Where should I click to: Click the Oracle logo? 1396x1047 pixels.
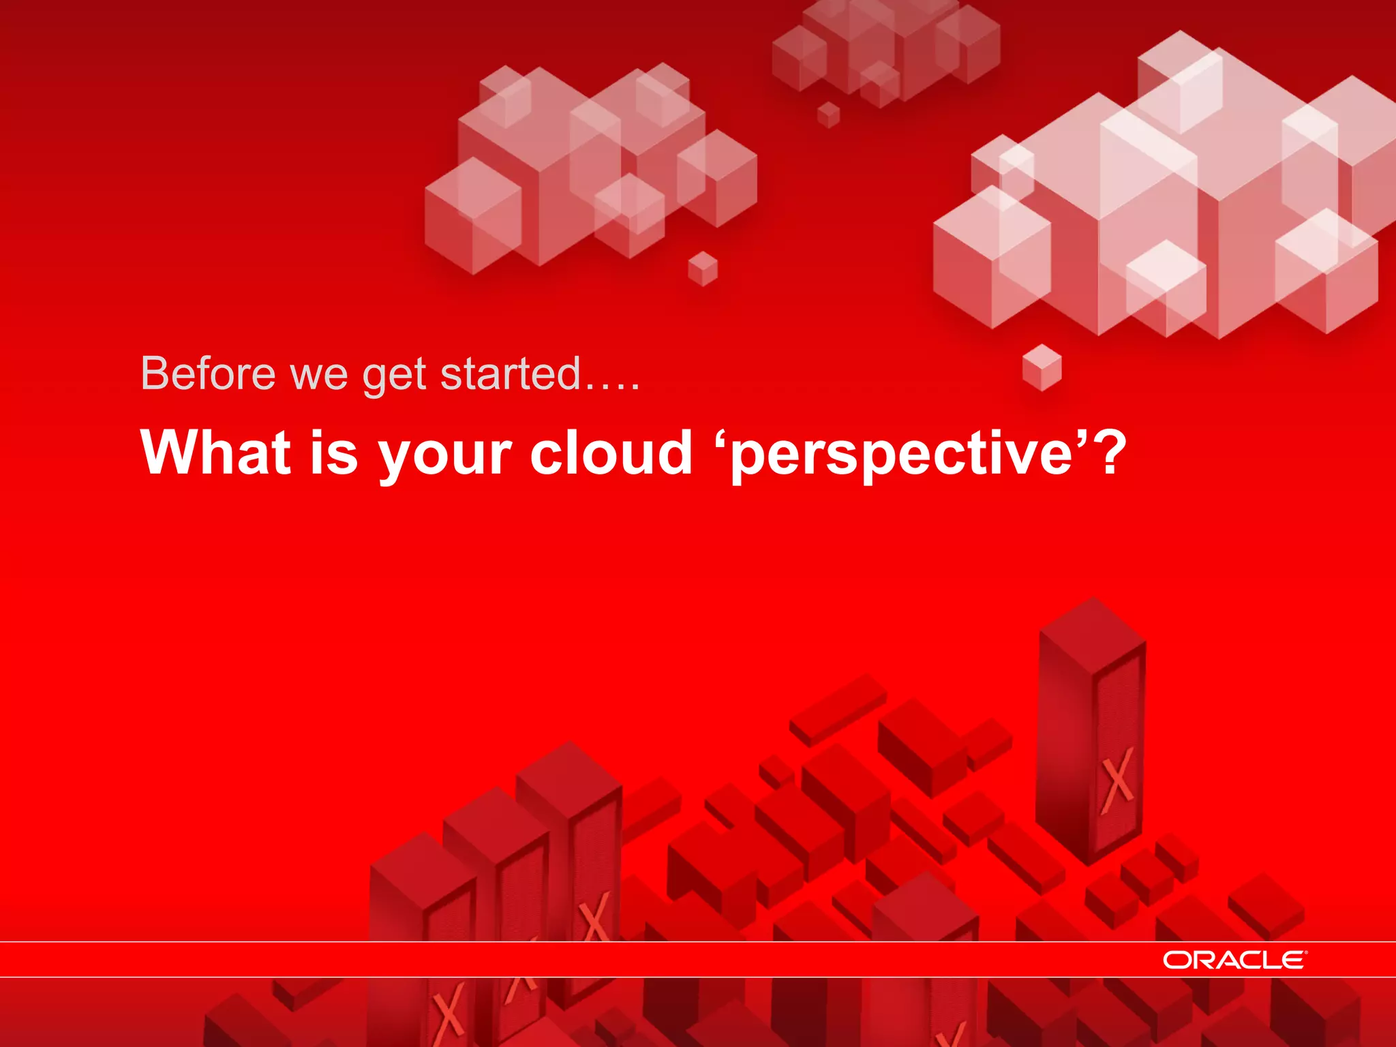click(x=1234, y=960)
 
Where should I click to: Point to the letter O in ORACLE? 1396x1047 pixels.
click(x=1176, y=960)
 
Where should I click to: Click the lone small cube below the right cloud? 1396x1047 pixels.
click(x=1042, y=367)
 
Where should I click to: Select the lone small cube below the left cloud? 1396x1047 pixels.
click(x=703, y=269)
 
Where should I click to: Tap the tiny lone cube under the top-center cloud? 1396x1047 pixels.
click(x=828, y=115)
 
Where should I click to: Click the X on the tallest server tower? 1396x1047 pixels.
click(x=1117, y=780)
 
